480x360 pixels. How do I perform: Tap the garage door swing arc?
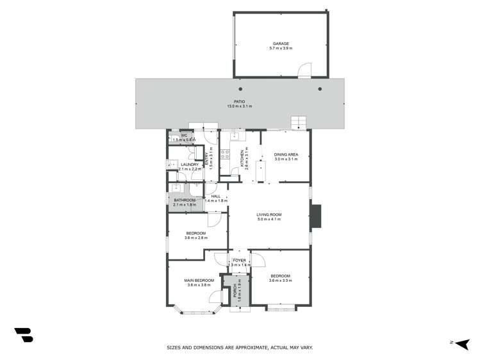tap(306, 68)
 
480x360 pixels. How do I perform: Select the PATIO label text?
tap(240, 101)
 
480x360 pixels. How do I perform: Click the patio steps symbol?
tap(299, 122)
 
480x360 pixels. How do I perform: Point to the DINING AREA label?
tap(286, 154)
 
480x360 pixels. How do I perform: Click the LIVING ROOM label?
tap(269, 215)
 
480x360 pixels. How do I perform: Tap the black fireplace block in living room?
tap(315, 217)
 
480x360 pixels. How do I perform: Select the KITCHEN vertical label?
tap(243, 157)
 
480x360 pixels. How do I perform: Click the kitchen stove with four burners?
tap(226, 154)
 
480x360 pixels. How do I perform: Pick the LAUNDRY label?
tap(190, 165)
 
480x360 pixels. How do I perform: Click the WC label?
tap(183, 136)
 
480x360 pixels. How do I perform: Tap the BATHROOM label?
tap(185, 200)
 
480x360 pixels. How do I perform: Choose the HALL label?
tap(216, 196)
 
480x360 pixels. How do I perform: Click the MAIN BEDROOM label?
tap(199, 280)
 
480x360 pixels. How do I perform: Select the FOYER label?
tap(239, 260)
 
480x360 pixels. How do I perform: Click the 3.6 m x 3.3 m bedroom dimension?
tap(280, 281)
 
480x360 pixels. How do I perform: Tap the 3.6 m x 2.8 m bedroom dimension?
tap(195, 238)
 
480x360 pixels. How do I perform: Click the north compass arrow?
tap(463, 343)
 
